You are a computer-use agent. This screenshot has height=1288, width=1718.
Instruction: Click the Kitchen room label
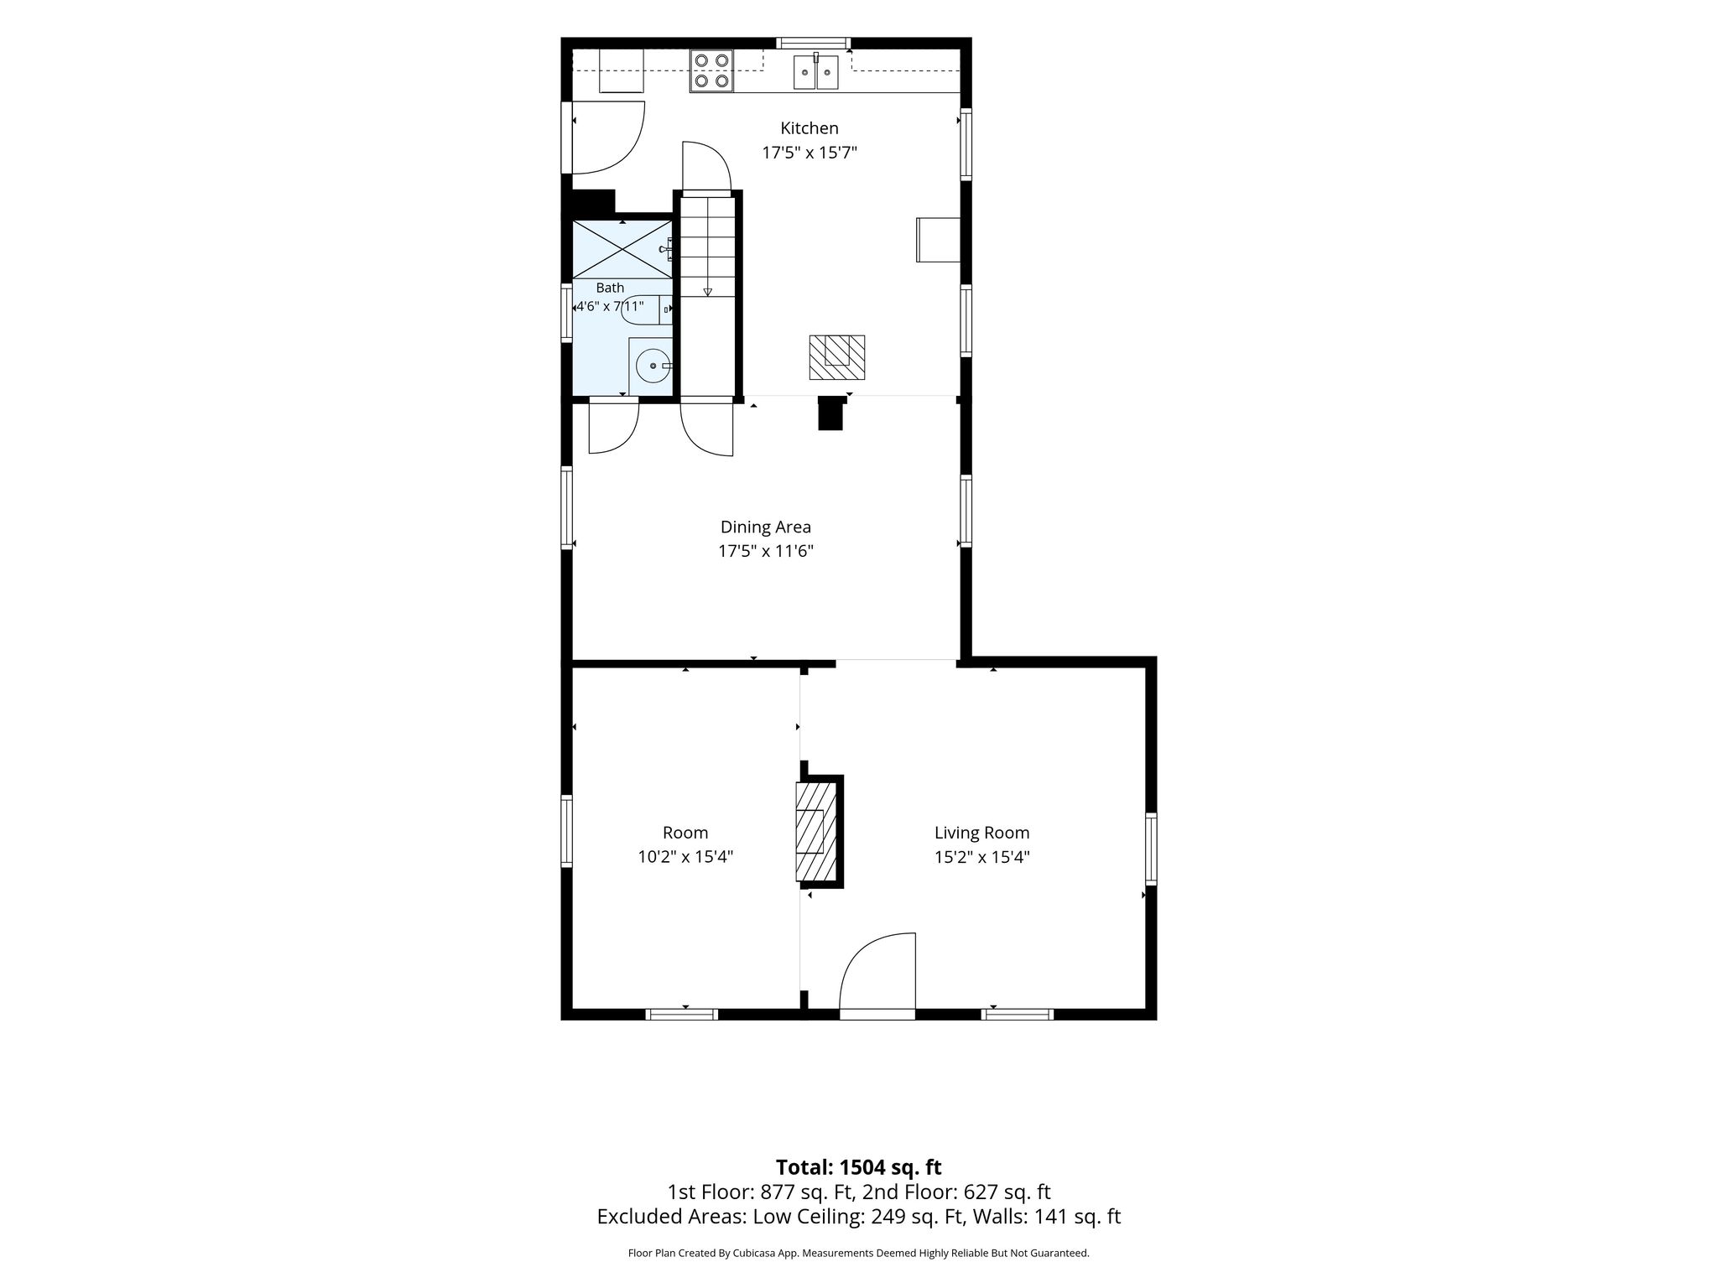pyautogui.click(x=810, y=128)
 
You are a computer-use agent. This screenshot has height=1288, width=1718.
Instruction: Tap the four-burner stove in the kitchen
pyautogui.click(x=711, y=70)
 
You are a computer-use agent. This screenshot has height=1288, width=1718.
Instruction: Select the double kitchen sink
pyautogui.click(x=816, y=71)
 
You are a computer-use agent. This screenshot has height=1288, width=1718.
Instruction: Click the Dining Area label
pyautogui.click(x=766, y=527)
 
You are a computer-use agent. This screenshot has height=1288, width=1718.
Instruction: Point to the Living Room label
pyautogui.click(x=982, y=833)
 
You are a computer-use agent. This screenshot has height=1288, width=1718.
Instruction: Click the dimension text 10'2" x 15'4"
pyautogui.click(x=685, y=857)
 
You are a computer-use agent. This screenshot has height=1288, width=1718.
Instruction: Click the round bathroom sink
pyautogui.click(x=651, y=366)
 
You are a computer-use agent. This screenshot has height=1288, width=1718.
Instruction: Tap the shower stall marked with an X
pyautogui.click(x=622, y=249)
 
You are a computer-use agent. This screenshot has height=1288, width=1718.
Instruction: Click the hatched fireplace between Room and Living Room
pyautogui.click(x=816, y=832)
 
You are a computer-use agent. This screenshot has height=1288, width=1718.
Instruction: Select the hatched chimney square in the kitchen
pyautogui.click(x=837, y=357)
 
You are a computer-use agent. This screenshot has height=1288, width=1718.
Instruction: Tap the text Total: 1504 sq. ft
pyautogui.click(x=858, y=1167)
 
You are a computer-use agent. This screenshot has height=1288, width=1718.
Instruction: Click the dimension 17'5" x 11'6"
pyautogui.click(x=766, y=551)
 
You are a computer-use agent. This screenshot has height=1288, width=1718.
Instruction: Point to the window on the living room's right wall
pyautogui.click(x=1151, y=848)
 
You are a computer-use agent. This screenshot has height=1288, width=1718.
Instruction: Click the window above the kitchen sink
pyautogui.click(x=813, y=43)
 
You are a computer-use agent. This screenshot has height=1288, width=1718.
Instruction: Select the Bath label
pyautogui.click(x=610, y=288)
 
